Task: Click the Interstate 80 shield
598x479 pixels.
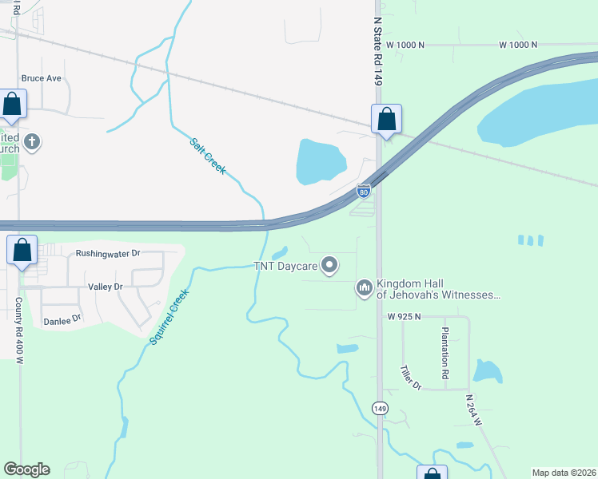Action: pos(363,190)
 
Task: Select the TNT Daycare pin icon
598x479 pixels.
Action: pos(329,265)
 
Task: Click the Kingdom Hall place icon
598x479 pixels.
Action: pos(364,287)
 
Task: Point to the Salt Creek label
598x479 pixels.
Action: pos(207,156)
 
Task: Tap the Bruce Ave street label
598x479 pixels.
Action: pos(42,78)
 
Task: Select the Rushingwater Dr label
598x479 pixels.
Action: pos(108,253)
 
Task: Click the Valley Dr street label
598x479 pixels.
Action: pos(105,286)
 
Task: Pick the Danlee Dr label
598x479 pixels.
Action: pos(62,319)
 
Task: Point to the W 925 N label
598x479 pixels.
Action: pos(404,317)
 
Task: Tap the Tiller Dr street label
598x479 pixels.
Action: pos(410,378)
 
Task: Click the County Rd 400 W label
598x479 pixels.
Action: pos(18,331)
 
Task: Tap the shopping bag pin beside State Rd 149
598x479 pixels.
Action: pos(386,120)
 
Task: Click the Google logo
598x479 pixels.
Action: pos(26,469)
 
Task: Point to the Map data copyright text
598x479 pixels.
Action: pos(563,473)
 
